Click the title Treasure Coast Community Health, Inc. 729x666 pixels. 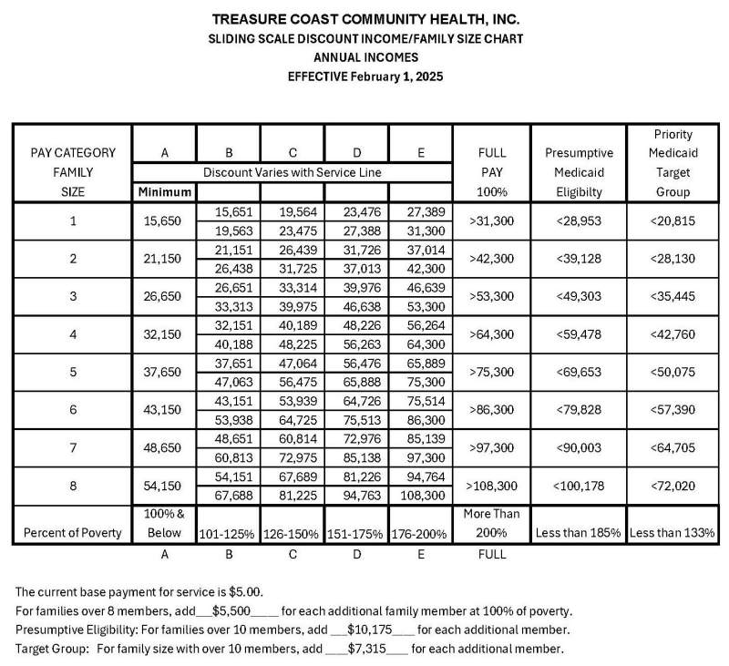(365, 19)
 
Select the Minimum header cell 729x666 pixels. (164, 192)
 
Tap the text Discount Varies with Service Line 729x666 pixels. (293, 172)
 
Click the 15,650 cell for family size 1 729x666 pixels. (164, 220)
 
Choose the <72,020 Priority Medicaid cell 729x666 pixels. (673, 487)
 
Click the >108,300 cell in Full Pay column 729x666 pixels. (492, 487)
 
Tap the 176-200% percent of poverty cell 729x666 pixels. (421, 533)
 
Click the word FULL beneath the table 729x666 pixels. (492, 553)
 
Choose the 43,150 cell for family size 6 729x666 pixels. (164, 411)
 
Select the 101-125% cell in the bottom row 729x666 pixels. (229, 533)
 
